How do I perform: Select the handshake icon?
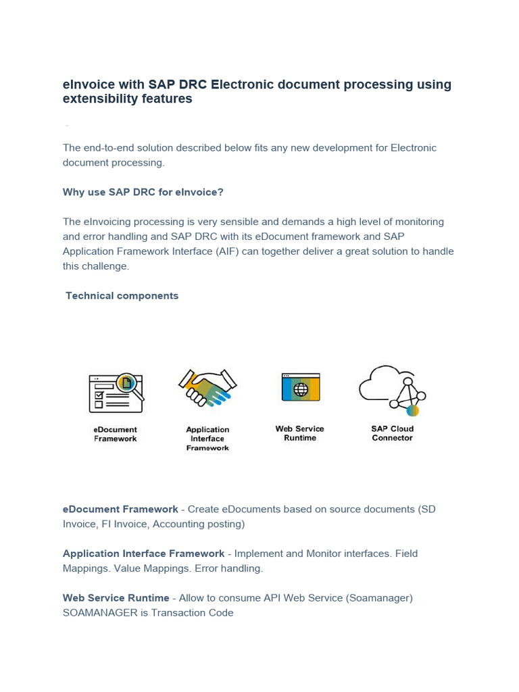tap(207, 388)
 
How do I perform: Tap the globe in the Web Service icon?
tap(301, 389)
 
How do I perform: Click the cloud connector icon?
tap(392, 390)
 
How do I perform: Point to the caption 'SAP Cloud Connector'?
tap(392, 433)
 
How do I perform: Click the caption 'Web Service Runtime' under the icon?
tap(299, 433)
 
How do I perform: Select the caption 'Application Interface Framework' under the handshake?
tap(207, 439)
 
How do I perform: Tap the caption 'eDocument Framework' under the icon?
tap(115, 434)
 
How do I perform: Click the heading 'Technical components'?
tap(122, 296)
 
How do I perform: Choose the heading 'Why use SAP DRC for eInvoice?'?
tap(143, 192)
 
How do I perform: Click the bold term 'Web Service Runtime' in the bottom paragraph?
tap(116, 598)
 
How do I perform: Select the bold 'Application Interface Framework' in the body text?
tap(143, 553)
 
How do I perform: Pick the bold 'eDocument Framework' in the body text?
tap(120, 509)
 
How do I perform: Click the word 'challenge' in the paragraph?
tap(106, 266)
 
